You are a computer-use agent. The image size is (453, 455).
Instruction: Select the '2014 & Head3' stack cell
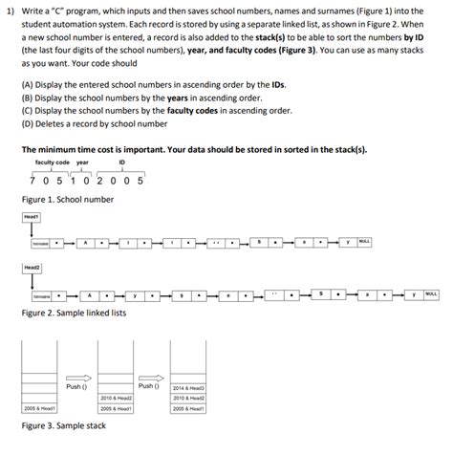coord(188,387)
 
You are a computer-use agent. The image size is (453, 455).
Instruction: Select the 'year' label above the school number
coord(82,162)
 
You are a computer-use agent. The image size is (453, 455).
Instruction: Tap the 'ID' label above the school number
coord(122,162)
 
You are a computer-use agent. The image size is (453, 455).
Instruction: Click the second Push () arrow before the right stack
coord(148,379)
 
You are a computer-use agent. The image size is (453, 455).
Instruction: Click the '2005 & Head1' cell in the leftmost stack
coord(41,407)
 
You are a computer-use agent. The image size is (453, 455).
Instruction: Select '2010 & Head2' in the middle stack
coord(115,398)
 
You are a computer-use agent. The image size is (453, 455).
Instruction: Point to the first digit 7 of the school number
coord(33,179)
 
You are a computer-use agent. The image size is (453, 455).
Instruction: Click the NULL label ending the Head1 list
coord(364,242)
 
